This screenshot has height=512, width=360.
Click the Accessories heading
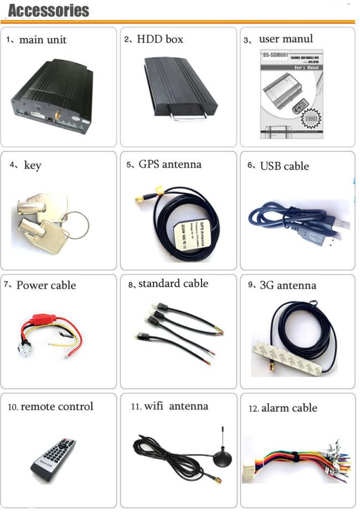click(49, 10)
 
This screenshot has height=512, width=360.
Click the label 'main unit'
click(43, 40)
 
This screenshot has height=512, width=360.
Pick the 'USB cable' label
click(284, 166)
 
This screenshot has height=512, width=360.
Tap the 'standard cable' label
click(173, 284)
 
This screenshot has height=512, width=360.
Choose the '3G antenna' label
click(287, 286)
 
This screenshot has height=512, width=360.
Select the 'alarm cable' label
click(289, 408)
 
